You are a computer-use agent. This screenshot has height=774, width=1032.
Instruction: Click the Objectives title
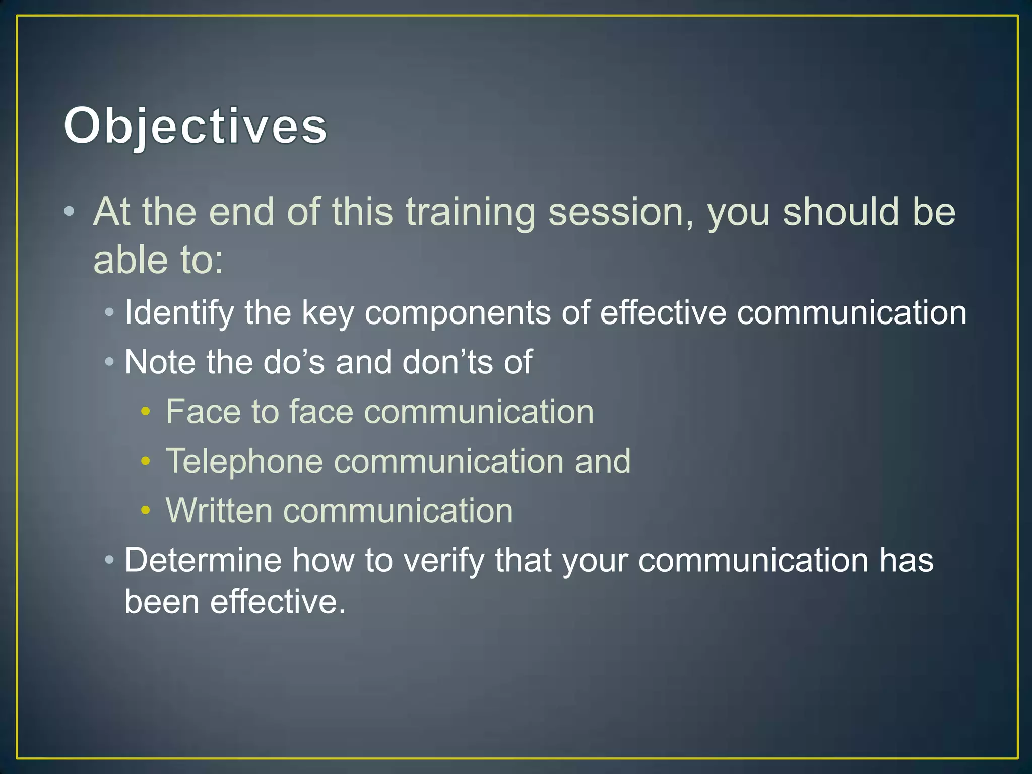[x=196, y=126]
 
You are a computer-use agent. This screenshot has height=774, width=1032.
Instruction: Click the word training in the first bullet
[x=470, y=212]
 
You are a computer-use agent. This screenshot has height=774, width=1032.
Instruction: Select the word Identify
[x=179, y=313]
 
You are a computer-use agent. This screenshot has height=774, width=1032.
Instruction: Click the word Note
[x=160, y=362]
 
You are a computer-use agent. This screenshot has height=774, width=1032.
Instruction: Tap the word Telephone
[x=244, y=461]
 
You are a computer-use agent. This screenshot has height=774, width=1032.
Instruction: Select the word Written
[x=219, y=510]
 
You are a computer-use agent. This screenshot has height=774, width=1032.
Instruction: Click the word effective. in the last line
[x=278, y=601]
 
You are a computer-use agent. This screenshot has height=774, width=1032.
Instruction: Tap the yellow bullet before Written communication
[x=146, y=510]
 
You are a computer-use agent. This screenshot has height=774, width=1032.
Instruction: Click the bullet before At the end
[x=70, y=212]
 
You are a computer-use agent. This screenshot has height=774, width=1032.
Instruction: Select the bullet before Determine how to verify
[x=109, y=560]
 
